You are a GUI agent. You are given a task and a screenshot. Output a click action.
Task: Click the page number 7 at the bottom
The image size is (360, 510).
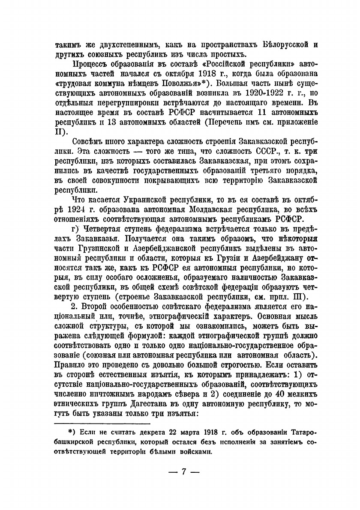[184, 471]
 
